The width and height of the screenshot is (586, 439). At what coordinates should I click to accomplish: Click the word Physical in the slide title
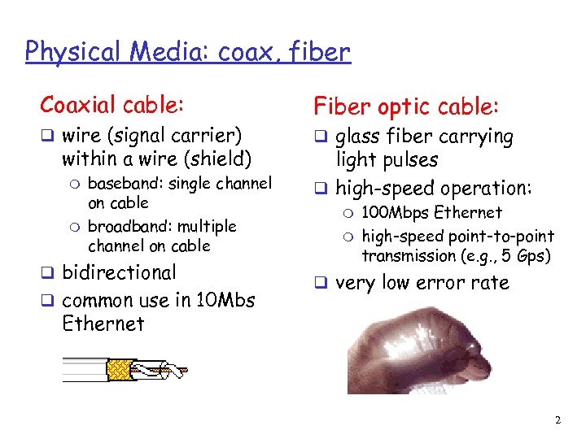68,52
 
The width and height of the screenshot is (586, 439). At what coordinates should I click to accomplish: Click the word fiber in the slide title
319,52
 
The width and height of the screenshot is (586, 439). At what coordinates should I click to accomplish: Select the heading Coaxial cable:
112,105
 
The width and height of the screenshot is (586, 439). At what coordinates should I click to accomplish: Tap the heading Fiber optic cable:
407,106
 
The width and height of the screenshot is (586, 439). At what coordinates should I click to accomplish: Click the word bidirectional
119,272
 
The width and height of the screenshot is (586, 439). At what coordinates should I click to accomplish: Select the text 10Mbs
224,300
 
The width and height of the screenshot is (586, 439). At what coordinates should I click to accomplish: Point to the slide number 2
558,420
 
